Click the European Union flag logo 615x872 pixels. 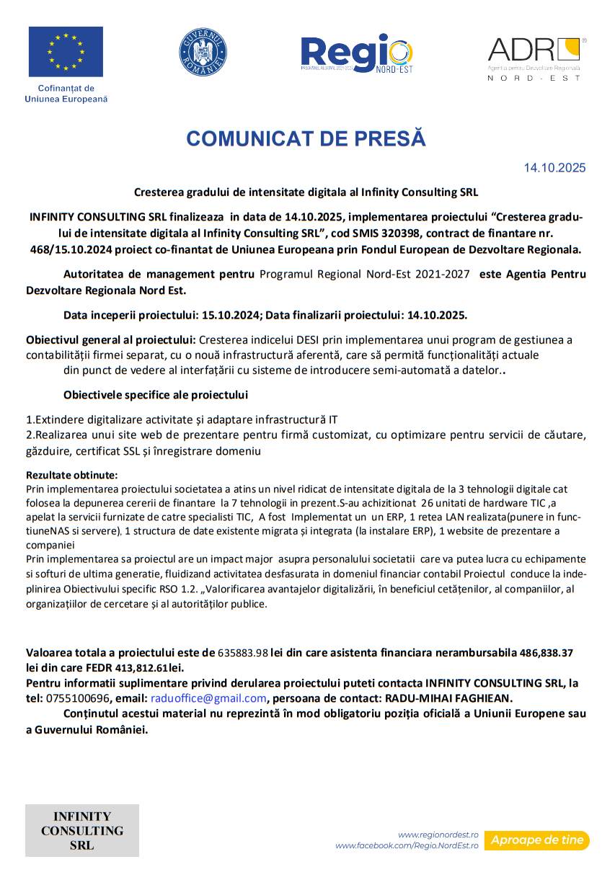[66, 52]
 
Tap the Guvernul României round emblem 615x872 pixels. [203, 52]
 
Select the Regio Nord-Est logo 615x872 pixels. [357, 53]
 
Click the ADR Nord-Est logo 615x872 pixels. [534, 58]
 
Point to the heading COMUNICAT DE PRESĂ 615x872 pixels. [306, 139]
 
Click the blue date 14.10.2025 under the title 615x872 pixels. [554, 169]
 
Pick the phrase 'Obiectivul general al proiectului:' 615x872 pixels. [110, 339]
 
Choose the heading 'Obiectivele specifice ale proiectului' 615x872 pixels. [156, 395]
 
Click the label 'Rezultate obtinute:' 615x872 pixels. [71, 476]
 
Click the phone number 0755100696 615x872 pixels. [77, 698]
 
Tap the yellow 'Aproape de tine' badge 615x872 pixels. [536, 840]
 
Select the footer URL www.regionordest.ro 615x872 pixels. [438, 834]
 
